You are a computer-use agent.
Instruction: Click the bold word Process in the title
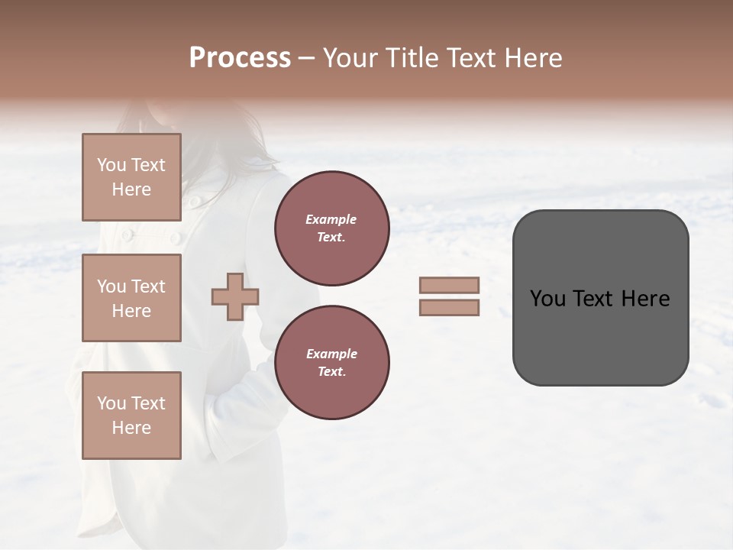click(x=240, y=58)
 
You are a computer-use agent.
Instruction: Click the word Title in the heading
click(x=412, y=58)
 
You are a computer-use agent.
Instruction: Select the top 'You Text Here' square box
click(x=131, y=177)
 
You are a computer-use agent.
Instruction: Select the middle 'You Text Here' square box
click(x=131, y=298)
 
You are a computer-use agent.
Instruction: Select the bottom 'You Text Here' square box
click(x=131, y=416)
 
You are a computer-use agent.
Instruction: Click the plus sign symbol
click(x=235, y=296)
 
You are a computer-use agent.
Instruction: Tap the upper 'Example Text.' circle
click(x=332, y=228)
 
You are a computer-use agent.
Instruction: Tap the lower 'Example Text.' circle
click(x=332, y=363)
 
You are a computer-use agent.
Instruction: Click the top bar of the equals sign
click(x=449, y=285)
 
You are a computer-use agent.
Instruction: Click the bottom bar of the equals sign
click(x=449, y=308)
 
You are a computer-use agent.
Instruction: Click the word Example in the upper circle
click(x=331, y=219)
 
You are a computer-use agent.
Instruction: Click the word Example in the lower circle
click(x=331, y=354)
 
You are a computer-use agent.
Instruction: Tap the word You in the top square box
click(x=111, y=165)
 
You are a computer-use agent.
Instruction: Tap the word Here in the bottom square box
click(x=131, y=428)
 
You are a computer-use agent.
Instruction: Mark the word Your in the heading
click(x=350, y=58)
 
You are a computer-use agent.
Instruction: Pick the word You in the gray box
click(x=547, y=299)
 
